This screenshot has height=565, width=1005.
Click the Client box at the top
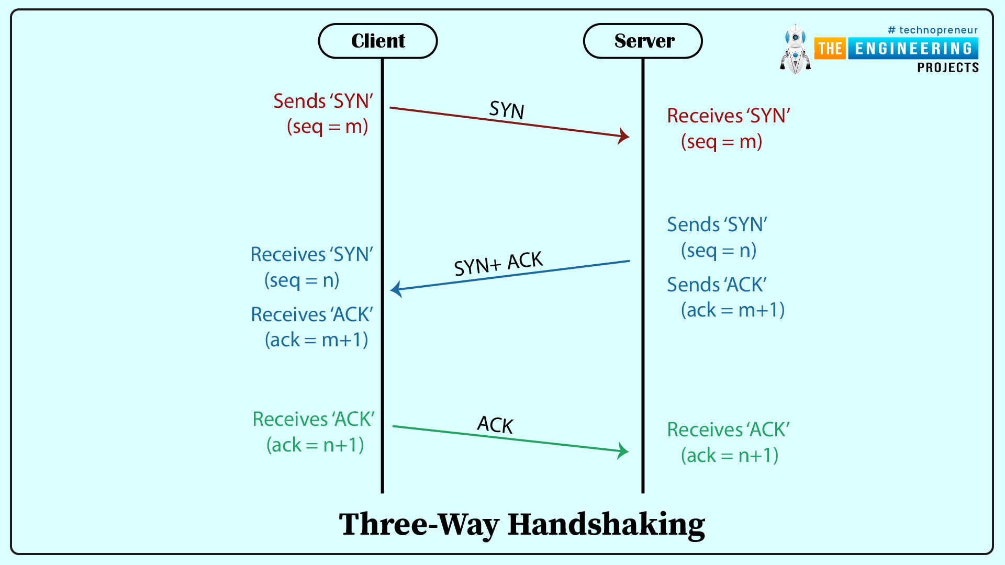378,41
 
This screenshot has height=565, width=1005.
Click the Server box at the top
643,41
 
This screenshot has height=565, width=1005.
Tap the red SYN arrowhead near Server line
624,136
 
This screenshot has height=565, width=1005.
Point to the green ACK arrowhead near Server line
623,450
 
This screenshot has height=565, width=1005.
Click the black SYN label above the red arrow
506,110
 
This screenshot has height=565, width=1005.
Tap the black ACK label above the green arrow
495,425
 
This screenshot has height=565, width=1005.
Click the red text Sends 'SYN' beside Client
323,101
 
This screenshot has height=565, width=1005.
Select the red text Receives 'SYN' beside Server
728,116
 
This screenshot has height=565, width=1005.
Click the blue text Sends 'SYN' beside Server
717,224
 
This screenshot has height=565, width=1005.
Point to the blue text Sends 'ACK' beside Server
717,285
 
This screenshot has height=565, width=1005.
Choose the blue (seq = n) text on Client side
302,280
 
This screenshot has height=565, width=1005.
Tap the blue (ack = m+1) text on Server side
733,310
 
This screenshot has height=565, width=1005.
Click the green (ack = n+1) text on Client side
315,445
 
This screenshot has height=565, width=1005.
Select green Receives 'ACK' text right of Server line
728,430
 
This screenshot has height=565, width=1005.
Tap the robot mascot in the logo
796,50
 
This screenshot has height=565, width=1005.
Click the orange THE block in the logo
830,49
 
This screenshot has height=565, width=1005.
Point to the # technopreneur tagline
933,30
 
